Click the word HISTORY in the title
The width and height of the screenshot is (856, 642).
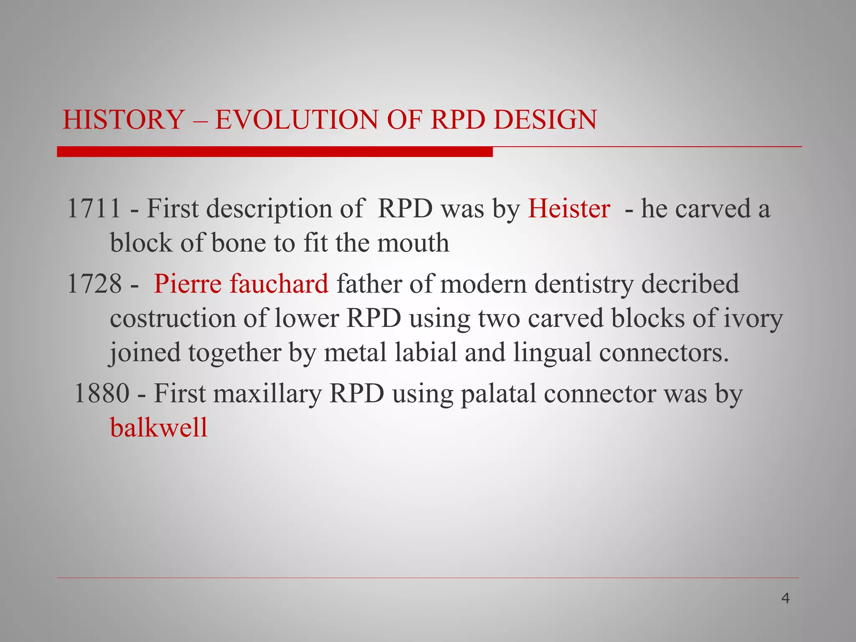(124, 120)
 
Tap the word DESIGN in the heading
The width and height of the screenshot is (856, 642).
(545, 120)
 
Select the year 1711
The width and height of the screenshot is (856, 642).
(94, 208)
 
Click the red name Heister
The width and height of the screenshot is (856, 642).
(569, 208)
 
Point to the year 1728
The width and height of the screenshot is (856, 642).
(94, 284)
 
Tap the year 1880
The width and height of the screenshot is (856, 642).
(102, 393)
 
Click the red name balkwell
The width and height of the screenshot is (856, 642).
(159, 428)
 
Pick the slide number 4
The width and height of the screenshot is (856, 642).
(785, 599)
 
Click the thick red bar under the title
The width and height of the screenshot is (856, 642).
(275, 152)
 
